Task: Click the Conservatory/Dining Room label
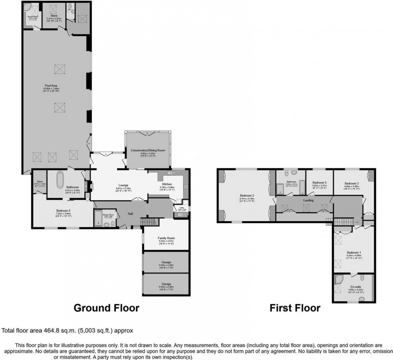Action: (x=148, y=151)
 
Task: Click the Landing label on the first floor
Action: (x=308, y=200)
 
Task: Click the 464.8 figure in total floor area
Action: (x=51, y=331)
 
